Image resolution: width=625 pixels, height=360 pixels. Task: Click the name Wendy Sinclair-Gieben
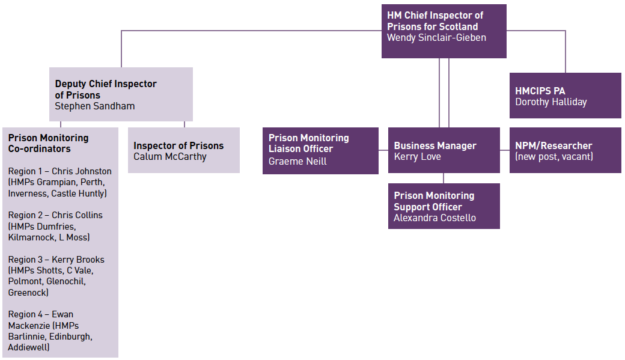point(436,38)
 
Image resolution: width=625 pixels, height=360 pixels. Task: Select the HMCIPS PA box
point(565,96)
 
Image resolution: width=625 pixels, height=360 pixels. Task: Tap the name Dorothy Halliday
point(550,102)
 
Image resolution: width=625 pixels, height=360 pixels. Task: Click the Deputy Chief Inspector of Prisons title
point(105,90)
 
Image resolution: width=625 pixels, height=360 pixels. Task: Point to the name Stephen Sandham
point(94,106)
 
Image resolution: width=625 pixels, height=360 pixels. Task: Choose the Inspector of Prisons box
point(183,150)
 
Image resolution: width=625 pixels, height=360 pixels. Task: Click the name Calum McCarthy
point(169,157)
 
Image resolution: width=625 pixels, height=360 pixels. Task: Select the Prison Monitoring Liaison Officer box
point(320,151)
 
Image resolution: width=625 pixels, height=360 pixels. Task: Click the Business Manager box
point(444,151)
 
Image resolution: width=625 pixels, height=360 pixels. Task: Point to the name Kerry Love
point(417,157)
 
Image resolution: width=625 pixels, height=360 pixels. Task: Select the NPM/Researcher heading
point(553,145)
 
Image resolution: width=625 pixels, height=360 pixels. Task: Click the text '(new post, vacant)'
point(553,157)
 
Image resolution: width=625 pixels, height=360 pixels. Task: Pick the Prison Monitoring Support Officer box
point(444,206)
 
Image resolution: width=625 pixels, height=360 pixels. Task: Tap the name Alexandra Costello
point(434,218)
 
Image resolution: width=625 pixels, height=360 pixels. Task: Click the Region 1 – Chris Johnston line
point(59,171)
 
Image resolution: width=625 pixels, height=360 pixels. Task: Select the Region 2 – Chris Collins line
point(55,215)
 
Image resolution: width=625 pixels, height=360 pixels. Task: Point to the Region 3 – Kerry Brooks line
point(56,260)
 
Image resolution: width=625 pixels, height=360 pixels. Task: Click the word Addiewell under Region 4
point(28,347)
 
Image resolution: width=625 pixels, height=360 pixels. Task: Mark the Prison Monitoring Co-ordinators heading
point(48,143)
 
